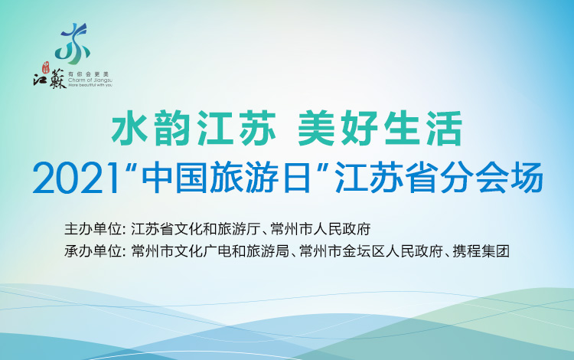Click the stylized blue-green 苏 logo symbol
(75, 41)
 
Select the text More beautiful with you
(90, 85)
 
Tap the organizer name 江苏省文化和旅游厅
(197, 228)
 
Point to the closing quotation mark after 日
(324, 169)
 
